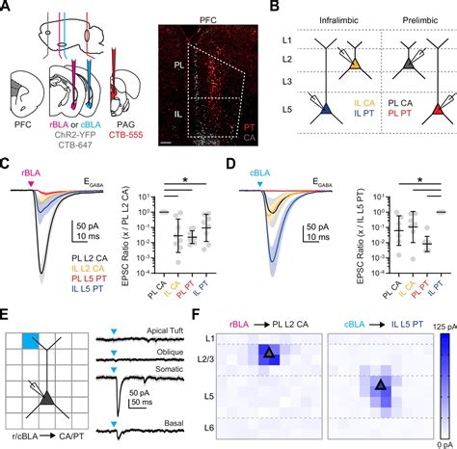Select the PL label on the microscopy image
168,68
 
